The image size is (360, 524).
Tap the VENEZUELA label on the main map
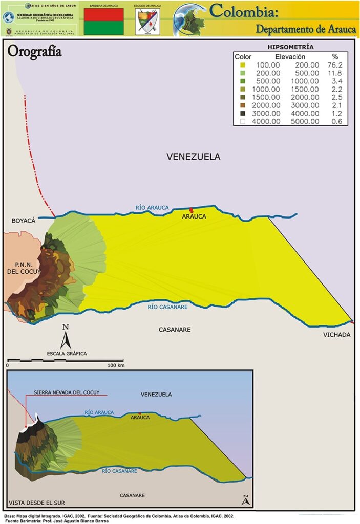[193, 157]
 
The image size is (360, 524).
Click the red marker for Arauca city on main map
[192, 210]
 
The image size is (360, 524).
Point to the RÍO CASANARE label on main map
[167, 307]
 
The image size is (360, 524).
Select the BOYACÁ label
[24, 221]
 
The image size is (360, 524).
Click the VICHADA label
[336, 335]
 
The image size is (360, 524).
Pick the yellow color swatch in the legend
[242, 65]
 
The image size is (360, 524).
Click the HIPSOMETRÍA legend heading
[291, 47]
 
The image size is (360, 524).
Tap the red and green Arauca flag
[103, 21]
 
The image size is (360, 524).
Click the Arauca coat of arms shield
[147, 21]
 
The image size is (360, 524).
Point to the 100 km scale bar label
[116, 366]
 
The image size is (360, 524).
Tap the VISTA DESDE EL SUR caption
[36, 503]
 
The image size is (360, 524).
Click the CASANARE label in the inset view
[132, 495]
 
